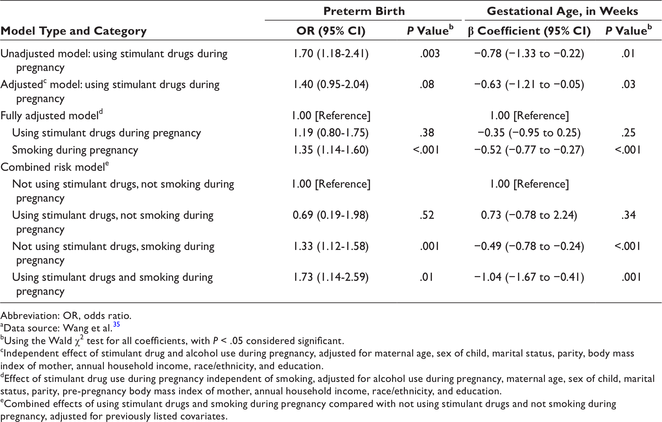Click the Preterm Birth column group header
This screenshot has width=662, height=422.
pyautogui.click(x=364, y=11)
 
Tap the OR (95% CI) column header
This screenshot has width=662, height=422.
pyautogui.click(x=331, y=31)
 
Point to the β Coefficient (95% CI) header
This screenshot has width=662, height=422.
pyautogui.click(x=529, y=31)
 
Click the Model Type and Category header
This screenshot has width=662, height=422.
pyautogui.click(x=74, y=31)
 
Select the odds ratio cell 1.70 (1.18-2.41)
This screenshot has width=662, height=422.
pyautogui.click(x=331, y=53)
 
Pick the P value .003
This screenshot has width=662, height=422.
pyautogui.click(x=430, y=53)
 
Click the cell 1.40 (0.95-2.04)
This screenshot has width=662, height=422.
pyautogui.click(x=331, y=84)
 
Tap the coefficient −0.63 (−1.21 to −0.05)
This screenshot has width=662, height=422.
pyautogui.click(x=529, y=84)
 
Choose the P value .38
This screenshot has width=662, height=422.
pyautogui.click(x=427, y=133)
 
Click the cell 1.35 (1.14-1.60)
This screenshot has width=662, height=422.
pyautogui.click(x=331, y=150)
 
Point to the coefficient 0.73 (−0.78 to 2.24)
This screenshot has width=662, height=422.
pyautogui.click(x=529, y=215)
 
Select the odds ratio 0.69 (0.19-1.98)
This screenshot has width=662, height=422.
pyautogui.click(x=331, y=215)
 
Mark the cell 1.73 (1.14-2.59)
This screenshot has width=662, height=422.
pyautogui.click(x=331, y=277)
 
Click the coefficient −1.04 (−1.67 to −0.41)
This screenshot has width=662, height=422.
pyautogui.click(x=529, y=277)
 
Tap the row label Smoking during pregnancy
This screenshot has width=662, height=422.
pyautogui.click(x=75, y=150)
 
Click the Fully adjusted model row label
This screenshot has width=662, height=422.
pyautogui.click(x=52, y=115)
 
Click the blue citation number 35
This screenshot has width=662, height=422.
pyautogui.click(x=117, y=324)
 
